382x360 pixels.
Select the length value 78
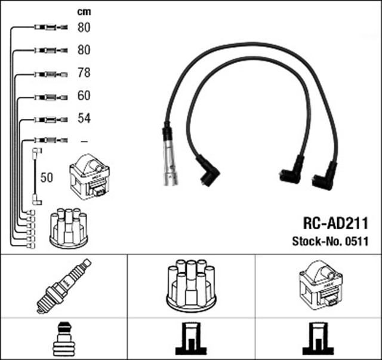point(84,73)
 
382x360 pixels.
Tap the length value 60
point(84,96)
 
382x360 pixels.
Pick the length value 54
point(84,118)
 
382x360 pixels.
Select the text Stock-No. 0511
point(329,241)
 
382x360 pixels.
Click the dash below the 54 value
point(84,141)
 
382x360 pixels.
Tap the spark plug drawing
point(63,287)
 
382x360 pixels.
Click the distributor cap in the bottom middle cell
point(190,286)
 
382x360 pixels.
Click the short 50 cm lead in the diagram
point(36,177)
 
